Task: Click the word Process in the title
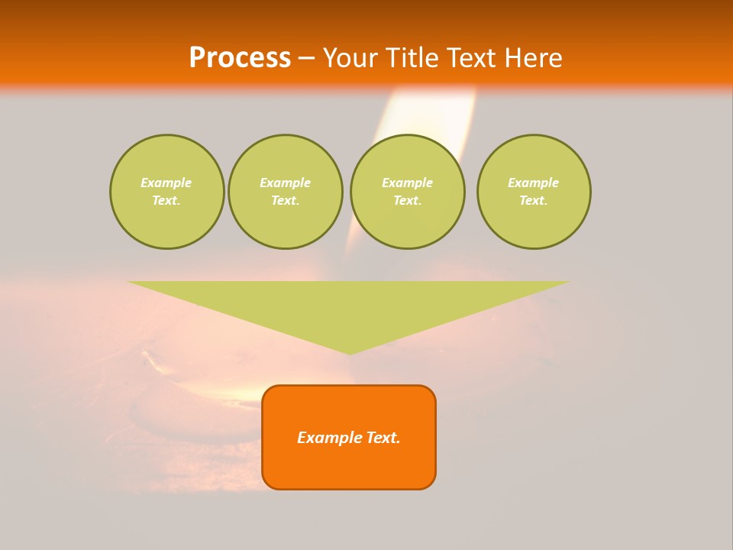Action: pyautogui.click(x=240, y=58)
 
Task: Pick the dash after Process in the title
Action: pyautogui.click(x=306, y=59)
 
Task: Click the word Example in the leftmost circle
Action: pyautogui.click(x=166, y=183)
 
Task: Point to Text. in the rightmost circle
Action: pyautogui.click(x=534, y=200)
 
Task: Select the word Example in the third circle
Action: pyautogui.click(x=407, y=183)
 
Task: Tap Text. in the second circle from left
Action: pyautogui.click(x=285, y=200)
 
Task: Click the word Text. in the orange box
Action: pyautogui.click(x=383, y=438)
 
